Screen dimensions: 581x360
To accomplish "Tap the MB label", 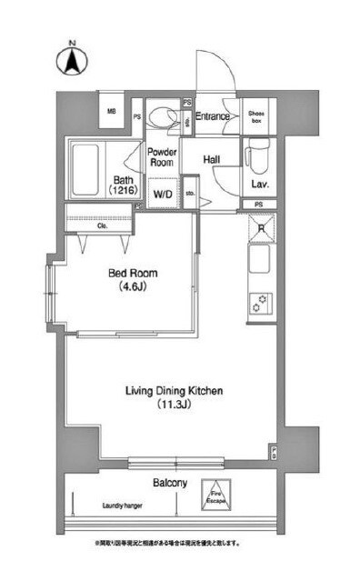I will click(x=113, y=112).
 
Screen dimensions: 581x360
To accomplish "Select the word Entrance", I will click(x=212, y=115).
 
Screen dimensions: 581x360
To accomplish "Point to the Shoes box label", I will click(x=256, y=116).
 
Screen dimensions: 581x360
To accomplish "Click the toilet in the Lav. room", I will click(x=255, y=155).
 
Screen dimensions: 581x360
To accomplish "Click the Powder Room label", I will click(x=162, y=156).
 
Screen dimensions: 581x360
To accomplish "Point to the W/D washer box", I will click(x=163, y=193).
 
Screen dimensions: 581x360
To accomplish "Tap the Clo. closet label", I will click(x=90, y=225).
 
